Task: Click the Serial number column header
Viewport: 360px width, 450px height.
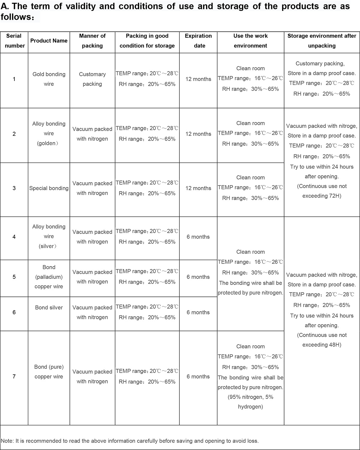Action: [x=14, y=41]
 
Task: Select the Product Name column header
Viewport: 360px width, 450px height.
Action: [x=49, y=41]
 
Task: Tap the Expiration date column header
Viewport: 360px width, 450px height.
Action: [x=198, y=41]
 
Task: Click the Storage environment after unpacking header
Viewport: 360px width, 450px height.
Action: [x=322, y=41]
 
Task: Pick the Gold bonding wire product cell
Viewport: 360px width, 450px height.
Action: [x=49, y=79]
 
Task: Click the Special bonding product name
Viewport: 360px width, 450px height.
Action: [x=49, y=188]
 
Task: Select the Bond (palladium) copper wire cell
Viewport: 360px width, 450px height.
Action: [x=49, y=277]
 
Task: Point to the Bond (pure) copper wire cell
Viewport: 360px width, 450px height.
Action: [x=49, y=372]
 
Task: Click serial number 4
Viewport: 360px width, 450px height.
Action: [x=14, y=237]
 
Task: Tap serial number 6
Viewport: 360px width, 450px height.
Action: [x=14, y=312]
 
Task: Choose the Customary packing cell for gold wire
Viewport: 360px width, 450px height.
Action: [x=92, y=79]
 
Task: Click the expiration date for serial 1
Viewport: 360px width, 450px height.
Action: [x=198, y=79]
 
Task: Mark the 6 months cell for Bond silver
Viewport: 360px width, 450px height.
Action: [x=198, y=312]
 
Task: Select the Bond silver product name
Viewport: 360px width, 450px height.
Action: [x=49, y=308]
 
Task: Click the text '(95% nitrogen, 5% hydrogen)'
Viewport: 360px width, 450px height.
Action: [x=250, y=402]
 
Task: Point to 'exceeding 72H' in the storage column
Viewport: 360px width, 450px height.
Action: [x=322, y=196]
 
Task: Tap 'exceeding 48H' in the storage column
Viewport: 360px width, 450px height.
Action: [x=322, y=345]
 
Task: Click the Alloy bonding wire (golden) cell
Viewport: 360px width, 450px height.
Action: [x=49, y=133]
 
